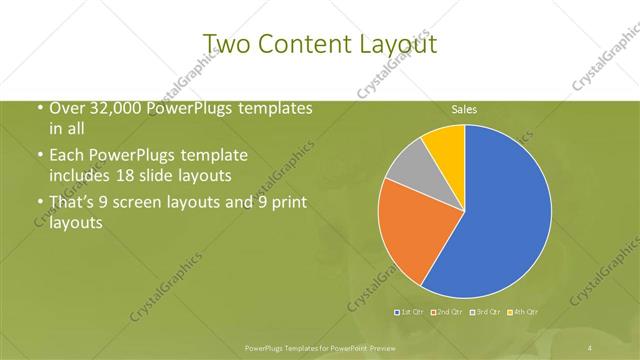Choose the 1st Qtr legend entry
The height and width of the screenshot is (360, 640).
click(410, 313)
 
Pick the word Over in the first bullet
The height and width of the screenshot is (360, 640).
click(63, 108)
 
